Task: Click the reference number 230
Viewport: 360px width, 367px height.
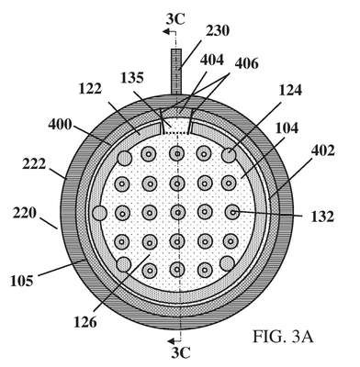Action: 217,31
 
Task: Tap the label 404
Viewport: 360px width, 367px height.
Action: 212,60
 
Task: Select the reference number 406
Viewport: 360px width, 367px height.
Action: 247,64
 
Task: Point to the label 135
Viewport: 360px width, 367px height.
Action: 132,78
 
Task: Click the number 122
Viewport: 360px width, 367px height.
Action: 90,89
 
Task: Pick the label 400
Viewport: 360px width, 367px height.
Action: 60,125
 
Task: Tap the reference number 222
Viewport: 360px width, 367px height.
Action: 33,164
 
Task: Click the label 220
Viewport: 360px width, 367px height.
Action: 25,213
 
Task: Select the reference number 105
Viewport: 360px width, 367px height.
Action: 21,281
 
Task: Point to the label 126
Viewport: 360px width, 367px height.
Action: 85,321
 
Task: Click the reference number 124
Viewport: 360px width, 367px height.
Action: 290,90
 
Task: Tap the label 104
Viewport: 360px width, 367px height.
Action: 287,128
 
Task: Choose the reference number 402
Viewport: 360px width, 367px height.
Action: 322,150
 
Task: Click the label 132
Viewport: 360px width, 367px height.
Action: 322,217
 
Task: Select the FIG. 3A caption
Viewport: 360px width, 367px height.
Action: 283,337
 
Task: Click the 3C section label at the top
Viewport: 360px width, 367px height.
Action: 175,19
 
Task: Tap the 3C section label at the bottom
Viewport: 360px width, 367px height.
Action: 181,352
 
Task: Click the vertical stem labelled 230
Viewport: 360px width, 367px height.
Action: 176,72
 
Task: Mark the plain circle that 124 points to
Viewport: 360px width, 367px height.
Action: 229,156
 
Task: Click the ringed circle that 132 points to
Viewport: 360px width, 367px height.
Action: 232,212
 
